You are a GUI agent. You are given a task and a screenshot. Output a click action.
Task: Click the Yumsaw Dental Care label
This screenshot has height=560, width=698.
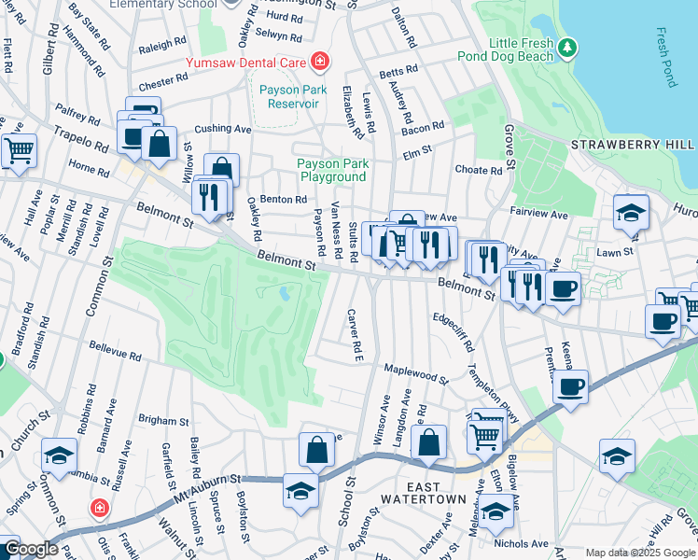[247, 62]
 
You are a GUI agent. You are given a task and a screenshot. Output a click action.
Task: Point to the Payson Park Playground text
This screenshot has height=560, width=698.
[331, 170]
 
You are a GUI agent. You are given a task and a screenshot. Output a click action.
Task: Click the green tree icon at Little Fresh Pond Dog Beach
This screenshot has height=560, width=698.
[566, 45]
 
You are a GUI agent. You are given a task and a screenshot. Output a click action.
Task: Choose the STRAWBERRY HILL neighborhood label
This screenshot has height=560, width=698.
[633, 145]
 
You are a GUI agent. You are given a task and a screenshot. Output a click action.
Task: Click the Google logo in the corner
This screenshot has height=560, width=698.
[30, 549]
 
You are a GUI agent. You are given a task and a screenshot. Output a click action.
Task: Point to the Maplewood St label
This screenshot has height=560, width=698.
[416, 374]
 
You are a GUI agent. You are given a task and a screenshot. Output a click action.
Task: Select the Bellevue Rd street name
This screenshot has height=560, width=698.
[115, 357]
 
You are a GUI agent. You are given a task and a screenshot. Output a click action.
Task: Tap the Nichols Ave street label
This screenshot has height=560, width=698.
[522, 543]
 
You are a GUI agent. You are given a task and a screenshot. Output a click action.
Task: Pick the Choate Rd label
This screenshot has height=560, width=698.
[478, 171]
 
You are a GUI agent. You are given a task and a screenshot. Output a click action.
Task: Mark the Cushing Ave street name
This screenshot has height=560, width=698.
[223, 129]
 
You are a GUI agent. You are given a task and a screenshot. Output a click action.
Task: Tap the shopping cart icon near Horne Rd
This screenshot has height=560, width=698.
[19, 149]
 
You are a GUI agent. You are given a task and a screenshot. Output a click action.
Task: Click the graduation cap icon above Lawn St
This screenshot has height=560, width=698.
[631, 213]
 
